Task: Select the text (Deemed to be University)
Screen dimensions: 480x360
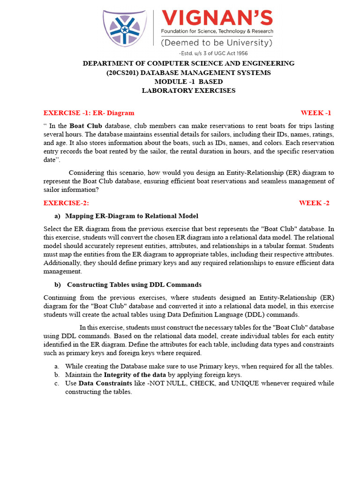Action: click(217, 43)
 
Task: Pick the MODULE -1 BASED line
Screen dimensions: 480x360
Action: click(188, 82)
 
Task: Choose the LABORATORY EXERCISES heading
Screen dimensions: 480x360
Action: click(188, 90)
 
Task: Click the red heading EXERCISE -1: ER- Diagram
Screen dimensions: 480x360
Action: click(89, 113)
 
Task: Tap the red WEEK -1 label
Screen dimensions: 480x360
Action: click(315, 113)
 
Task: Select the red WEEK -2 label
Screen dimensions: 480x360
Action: click(314, 203)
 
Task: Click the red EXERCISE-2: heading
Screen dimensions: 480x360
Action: click(66, 203)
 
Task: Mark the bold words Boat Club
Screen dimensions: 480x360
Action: click(86, 126)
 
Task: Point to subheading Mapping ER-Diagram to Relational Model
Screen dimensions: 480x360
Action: click(132, 216)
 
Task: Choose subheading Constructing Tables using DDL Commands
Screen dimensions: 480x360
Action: click(135, 285)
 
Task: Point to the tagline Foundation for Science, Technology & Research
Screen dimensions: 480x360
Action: click(217, 31)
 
